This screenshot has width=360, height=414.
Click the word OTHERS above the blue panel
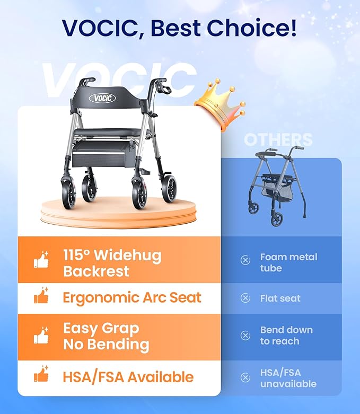click(x=278, y=140)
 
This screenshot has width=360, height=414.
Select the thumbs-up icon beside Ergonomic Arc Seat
click(x=41, y=297)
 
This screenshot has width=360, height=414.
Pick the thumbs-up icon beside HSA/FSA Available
click(x=41, y=376)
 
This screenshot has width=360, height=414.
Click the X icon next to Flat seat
click(x=245, y=298)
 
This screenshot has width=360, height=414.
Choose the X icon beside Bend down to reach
click(x=245, y=335)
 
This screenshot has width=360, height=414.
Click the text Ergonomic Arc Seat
click(x=132, y=297)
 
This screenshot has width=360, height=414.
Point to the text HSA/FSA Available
click(x=128, y=377)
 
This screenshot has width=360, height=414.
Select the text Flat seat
click(x=280, y=298)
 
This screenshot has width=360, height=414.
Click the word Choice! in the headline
click(x=259, y=28)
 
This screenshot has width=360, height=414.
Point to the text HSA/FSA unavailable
click(x=288, y=378)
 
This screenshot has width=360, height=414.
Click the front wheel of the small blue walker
click(x=277, y=218)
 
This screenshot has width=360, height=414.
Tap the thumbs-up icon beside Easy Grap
click(x=41, y=336)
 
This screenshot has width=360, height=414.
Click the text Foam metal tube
click(x=288, y=262)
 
